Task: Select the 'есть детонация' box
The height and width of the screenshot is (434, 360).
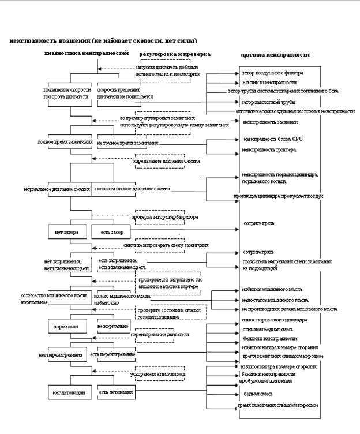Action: tap(117, 392)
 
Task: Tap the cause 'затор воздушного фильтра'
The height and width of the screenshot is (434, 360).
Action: tap(273, 73)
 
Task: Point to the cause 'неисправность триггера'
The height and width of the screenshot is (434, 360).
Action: tap(269, 150)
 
